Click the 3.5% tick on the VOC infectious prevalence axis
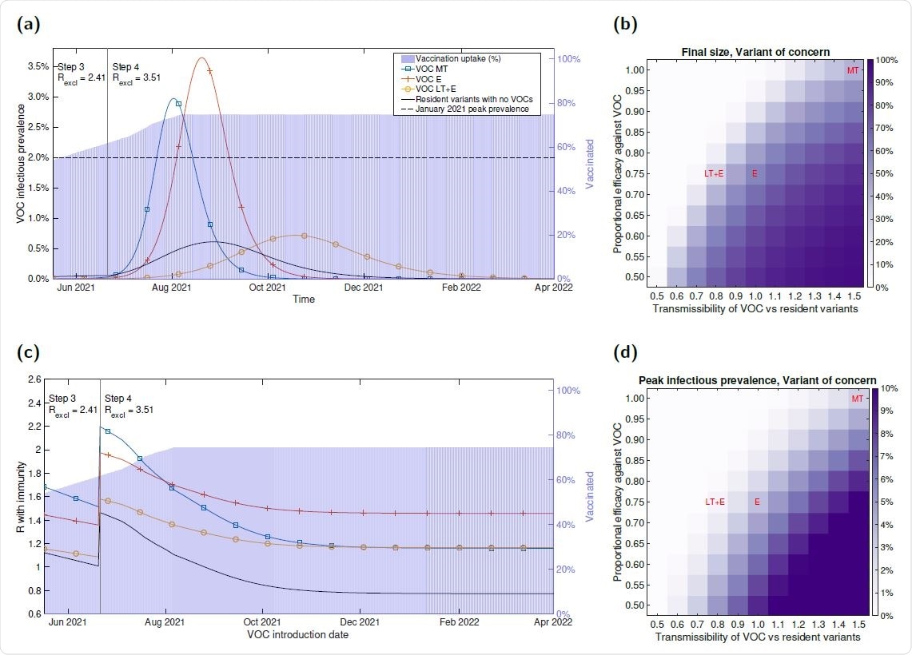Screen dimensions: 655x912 pyautogui.click(x=38, y=66)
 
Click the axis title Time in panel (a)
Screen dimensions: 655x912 pyautogui.click(x=303, y=299)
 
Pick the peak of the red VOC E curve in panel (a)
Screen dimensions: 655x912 pyautogui.click(x=201, y=58)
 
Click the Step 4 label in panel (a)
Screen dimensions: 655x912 pyautogui.click(x=125, y=66)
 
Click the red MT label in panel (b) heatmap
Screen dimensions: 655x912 pyautogui.click(x=853, y=71)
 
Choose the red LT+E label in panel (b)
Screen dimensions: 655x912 pyautogui.click(x=714, y=173)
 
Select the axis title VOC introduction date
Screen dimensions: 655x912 pyautogui.click(x=303, y=635)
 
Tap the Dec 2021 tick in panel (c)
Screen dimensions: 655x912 pyautogui.click(x=360, y=623)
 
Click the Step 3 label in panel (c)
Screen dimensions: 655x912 pyautogui.click(x=62, y=398)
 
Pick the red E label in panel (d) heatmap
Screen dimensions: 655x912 pyautogui.click(x=755, y=502)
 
